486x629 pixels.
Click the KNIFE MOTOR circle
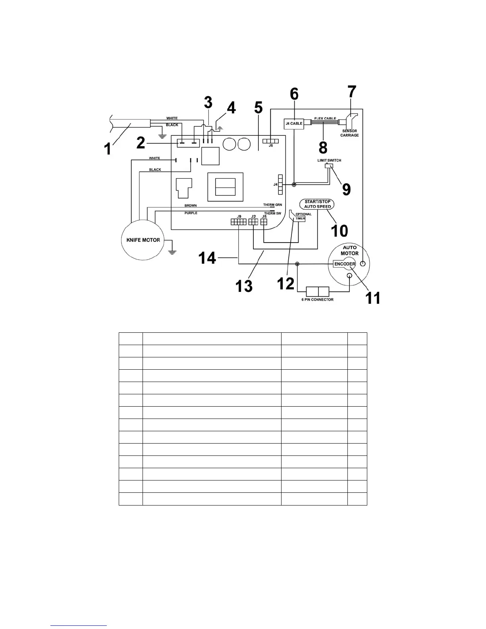pos(143,240)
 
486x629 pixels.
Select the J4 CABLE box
pos(294,123)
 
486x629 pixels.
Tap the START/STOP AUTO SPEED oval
pos(317,204)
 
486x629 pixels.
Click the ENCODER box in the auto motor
pos(344,264)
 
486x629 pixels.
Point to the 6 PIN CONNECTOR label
pos(317,299)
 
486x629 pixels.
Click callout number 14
pos(207,259)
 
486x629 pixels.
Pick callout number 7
pos(352,93)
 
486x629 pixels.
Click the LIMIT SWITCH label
pos(329,160)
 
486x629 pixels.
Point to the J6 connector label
pos(271,146)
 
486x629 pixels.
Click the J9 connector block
pos(239,222)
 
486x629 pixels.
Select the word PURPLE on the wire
pos(191,213)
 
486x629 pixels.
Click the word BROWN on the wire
pos(191,206)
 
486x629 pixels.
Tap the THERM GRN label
pos(272,205)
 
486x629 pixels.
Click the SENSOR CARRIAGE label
pos(349,133)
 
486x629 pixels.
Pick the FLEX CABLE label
pos(325,118)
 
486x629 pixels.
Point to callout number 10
pos(339,230)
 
